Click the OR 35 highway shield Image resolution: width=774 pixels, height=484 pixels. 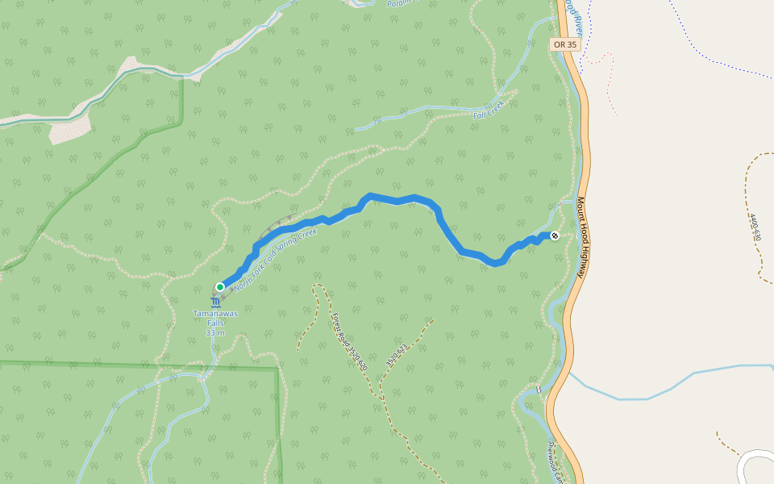click(566, 44)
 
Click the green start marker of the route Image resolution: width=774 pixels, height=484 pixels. click(219, 286)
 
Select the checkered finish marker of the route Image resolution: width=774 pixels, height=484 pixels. click(555, 235)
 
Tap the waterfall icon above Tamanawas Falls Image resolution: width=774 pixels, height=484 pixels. click(214, 302)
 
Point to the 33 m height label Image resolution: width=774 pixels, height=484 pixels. click(214, 332)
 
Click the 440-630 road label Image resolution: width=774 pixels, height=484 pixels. click(754, 227)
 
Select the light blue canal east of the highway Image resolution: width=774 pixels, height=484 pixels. click(645, 398)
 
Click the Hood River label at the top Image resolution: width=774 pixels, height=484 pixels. click(573, 10)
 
